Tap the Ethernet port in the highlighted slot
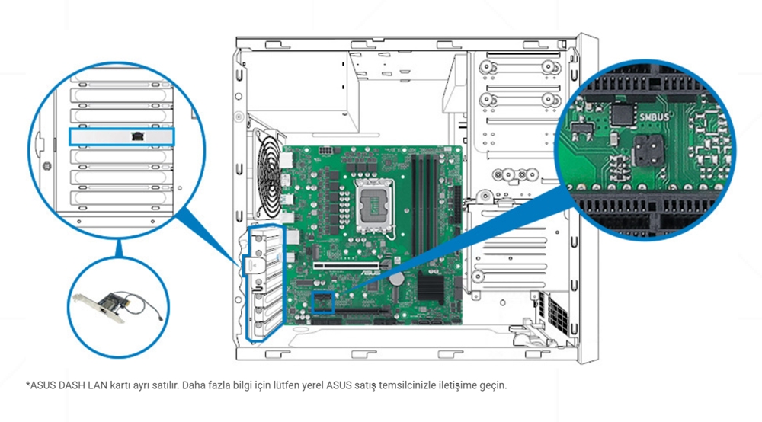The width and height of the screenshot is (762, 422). pos(137,136)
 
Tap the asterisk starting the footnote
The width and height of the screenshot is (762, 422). pos(27,384)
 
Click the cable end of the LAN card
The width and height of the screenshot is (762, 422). pos(157,313)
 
